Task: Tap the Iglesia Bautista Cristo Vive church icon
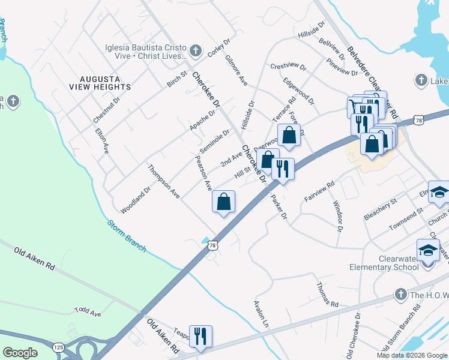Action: point(194,50)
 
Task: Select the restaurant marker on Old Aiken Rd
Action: point(199,335)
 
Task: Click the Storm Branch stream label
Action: point(127,236)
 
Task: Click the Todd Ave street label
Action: point(88,311)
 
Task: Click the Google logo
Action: point(20,353)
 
